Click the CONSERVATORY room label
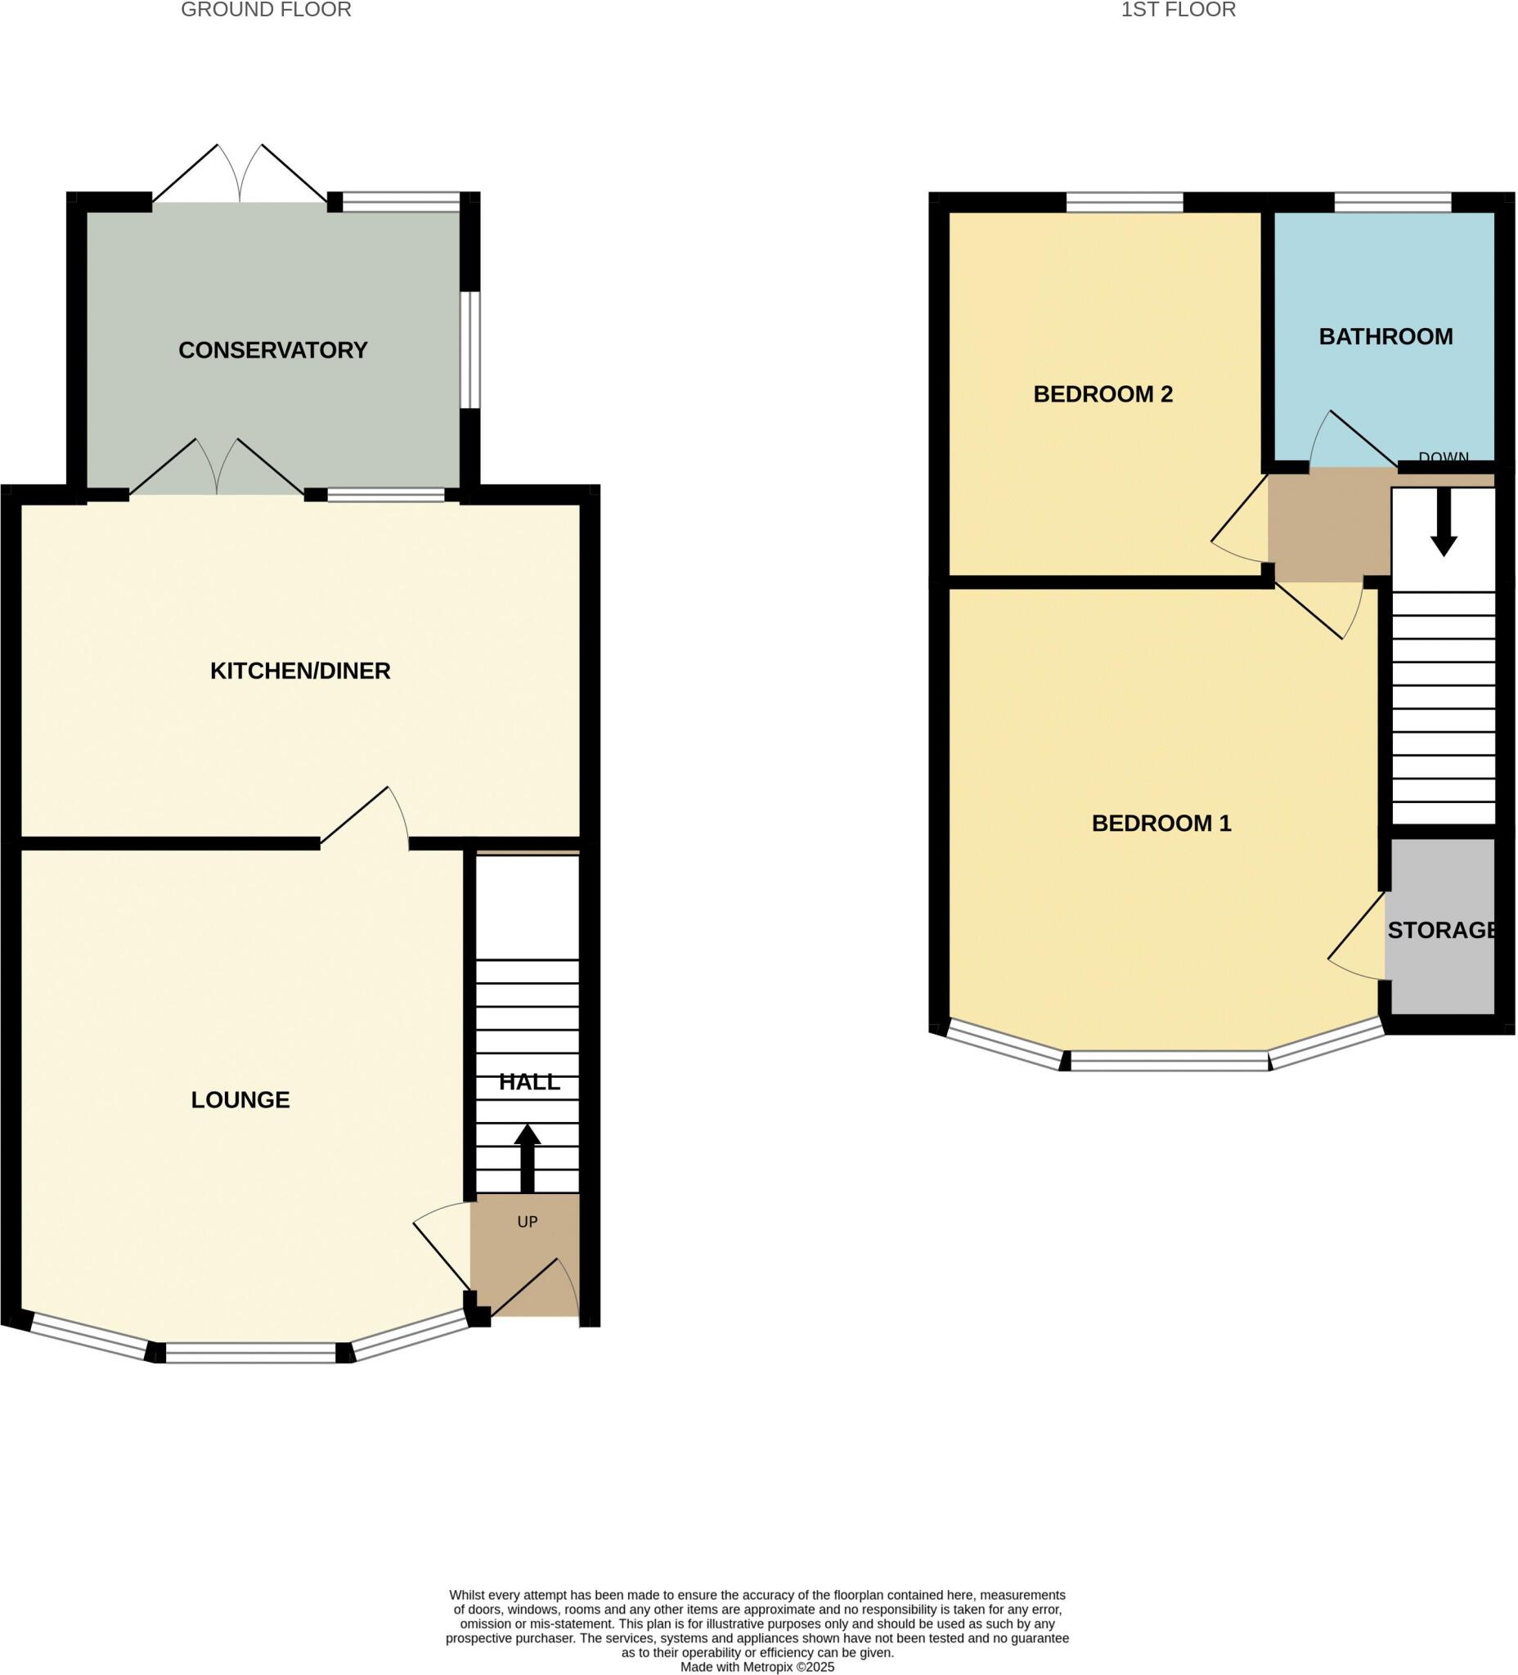pos(272,351)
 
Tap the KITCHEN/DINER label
pos(300,671)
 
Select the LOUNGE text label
pos(240,1100)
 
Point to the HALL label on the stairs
pos(529,1083)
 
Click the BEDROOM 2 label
pos(1103,395)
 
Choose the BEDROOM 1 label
pos(1161,824)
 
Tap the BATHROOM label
pos(1385,336)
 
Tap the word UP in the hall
pos(528,1222)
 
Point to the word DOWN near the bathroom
pos(1444,458)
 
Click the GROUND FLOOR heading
pos(266,10)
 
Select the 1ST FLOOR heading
pos(1179,10)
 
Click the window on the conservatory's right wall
pos(469,350)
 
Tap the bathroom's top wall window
pos(1393,202)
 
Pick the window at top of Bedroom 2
pos(1124,202)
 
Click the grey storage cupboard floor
pos(1443,981)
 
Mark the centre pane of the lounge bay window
pos(250,1352)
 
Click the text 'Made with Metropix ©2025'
pos(757,1667)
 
